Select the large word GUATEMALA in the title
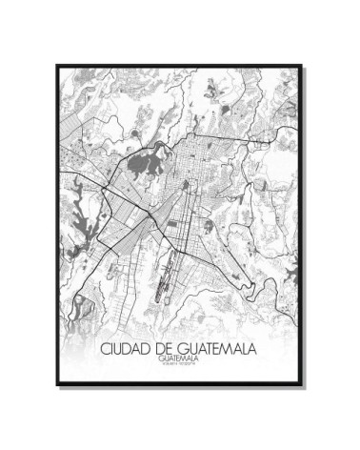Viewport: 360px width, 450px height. (224, 349)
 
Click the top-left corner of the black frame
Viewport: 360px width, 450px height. (57, 66)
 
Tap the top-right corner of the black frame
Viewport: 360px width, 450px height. (304, 66)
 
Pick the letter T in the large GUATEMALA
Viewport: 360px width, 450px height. (216, 349)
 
